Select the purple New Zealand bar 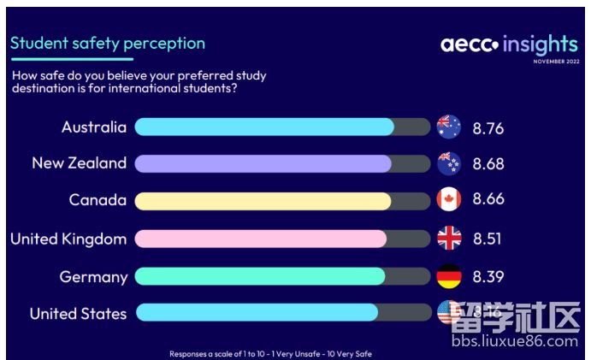click(263, 163)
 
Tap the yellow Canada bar click(263, 201)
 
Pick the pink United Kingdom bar click(260, 239)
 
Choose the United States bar click(256, 313)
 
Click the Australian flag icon click(449, 127)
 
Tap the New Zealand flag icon click(449, 163)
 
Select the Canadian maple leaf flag click(449, 200)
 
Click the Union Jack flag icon click(449, 239)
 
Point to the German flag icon click(449, 276)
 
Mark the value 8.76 click(488, 129)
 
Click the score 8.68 click(488, 164)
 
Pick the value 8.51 click(488, 239)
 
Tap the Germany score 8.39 click(488, 277)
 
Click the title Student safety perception click(108, 43)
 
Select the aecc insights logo click(509, 44)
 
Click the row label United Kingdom click(68, 239)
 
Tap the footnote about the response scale click(270, 353)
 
